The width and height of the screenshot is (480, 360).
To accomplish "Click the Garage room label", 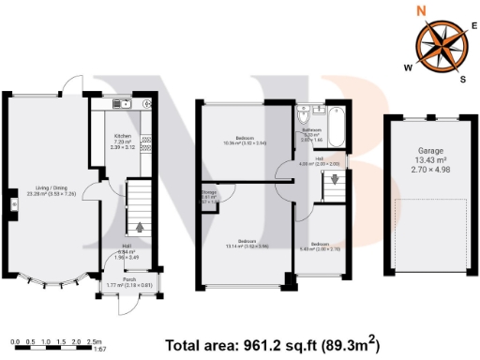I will (x=431, y=150).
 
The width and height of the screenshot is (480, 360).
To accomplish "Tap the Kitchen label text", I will (x=123, y=136).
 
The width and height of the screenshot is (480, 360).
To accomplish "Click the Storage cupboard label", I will (x=208, y=193).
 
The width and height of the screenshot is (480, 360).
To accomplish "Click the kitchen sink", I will (x=121, y=103).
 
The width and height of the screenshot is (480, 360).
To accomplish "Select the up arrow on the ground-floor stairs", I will (x=141, y=226).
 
